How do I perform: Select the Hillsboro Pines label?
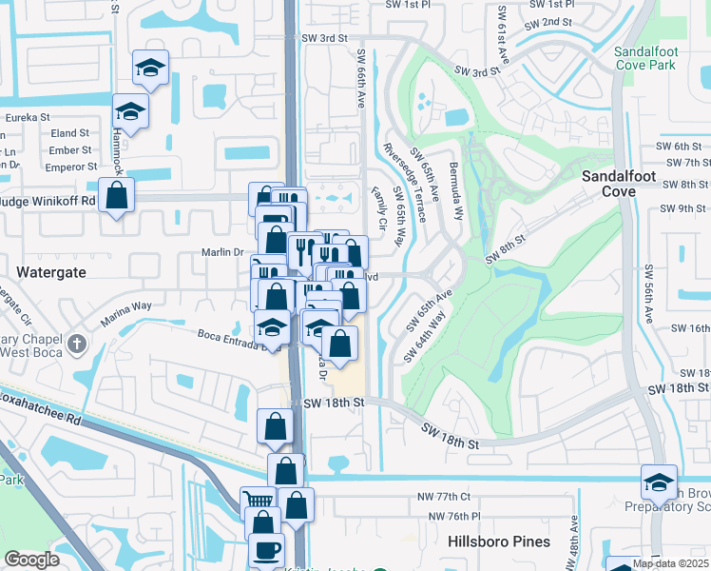(x=498, y=541)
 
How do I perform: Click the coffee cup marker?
(x=266, y=549)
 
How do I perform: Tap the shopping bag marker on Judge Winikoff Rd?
(x=116, y=197)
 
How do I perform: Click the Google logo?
(x=32, y=560)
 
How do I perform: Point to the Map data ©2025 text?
(x=670, y=563)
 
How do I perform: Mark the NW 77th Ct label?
(x=444, y=497)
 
